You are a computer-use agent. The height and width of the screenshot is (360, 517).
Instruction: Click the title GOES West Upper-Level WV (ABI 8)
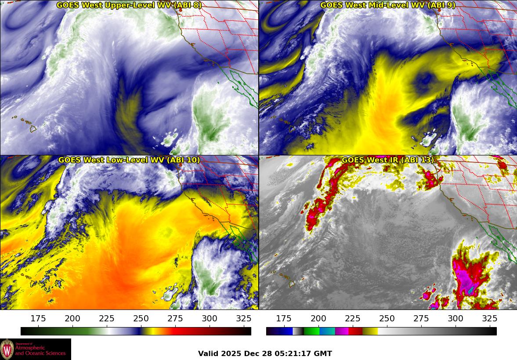129,5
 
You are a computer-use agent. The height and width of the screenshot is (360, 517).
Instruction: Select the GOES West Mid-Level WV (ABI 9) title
388,5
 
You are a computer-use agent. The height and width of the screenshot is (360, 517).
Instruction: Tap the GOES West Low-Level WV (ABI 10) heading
129,160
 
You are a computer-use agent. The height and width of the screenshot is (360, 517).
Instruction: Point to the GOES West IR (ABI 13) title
388,160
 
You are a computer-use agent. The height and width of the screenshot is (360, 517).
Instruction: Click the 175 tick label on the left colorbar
38,319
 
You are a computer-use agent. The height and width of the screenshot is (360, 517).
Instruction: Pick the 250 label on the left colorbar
141,319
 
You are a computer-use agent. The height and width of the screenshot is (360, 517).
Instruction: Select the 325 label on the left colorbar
244,319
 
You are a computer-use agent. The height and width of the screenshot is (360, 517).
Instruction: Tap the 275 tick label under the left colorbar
175,319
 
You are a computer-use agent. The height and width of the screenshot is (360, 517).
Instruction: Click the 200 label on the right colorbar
318,319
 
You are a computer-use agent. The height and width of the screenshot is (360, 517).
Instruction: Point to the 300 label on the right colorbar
455,319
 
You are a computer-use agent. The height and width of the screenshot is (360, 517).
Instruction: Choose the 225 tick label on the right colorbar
352,319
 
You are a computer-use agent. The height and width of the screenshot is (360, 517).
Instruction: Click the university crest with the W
7,349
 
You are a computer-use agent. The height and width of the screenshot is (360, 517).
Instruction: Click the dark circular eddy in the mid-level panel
424,80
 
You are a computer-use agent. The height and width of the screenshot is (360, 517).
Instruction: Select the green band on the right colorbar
311,331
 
